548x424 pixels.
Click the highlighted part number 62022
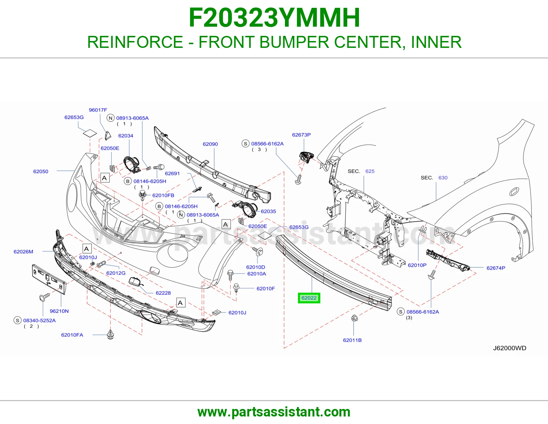coord(309,298)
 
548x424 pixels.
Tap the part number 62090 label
coord(210,144)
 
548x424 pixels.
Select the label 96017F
coord(98,110)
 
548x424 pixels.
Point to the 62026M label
coord(23,252)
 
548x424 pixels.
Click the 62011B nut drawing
coord(354,318)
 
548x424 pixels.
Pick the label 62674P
coord(496,268)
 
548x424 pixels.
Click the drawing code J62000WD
coord(510,348)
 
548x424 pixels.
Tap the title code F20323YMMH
coord(274,18)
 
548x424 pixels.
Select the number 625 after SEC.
coord(370,171)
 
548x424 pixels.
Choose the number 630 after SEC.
coord(443,178)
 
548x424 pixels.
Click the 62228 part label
coord(163,293)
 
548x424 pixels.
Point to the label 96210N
coord(59,311)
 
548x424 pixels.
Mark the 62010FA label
coord(72,335)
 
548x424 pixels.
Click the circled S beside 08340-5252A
coord(17,320)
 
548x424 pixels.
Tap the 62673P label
coord(301,135)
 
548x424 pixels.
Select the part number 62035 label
coord(268,212)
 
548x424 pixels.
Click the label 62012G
coord(116,273)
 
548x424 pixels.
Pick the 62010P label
coord(417,265)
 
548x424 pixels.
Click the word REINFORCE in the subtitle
coord(135,42)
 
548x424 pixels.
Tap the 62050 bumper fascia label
coord(41,171)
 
